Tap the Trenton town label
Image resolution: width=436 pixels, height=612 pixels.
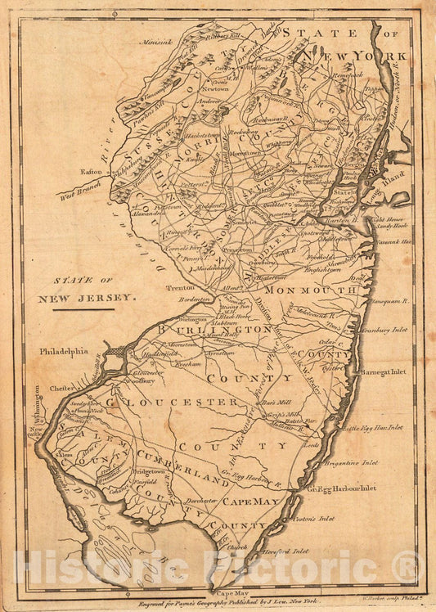pyautogui.click(x=182, y=289)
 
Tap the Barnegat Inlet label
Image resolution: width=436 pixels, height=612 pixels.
pyautogui.click(x=384, y=371)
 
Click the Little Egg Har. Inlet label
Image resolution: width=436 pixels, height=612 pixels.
pyautogui.click(x=372, y=427)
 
